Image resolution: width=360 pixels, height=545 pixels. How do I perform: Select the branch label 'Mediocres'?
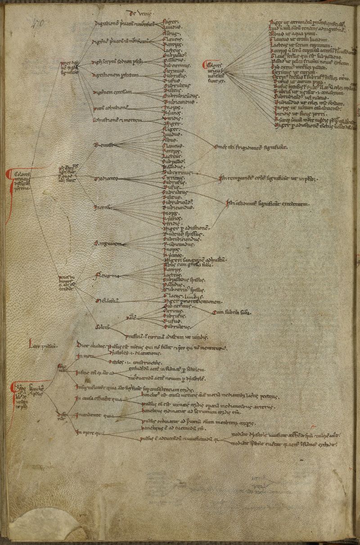coord(105,179)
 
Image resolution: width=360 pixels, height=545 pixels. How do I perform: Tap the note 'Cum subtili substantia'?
coord(232,312)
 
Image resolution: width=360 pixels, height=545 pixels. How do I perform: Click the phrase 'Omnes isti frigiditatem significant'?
coord(251,147)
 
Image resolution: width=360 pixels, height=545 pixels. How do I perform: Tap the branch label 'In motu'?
coord(85,356)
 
